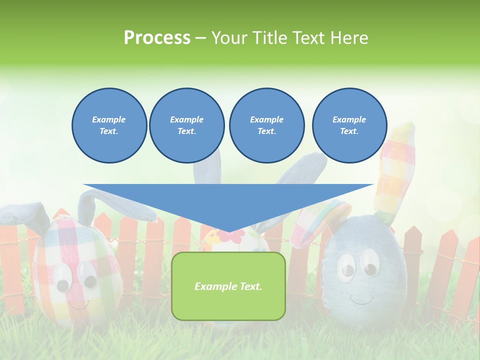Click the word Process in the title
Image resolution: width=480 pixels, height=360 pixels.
pos(157,37)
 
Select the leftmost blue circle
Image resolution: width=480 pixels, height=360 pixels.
pos(109,125)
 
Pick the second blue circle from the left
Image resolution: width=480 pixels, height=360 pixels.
pos(186,125)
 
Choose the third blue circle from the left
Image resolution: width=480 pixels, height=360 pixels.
pos(266,125)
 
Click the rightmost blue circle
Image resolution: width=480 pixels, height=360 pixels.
pos(349,125)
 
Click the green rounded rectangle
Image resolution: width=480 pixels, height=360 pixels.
pos(228,300)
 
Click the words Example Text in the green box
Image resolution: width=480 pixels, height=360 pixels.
pos(228,286)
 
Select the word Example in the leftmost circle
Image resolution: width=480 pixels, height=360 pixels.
pos(109,119)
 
